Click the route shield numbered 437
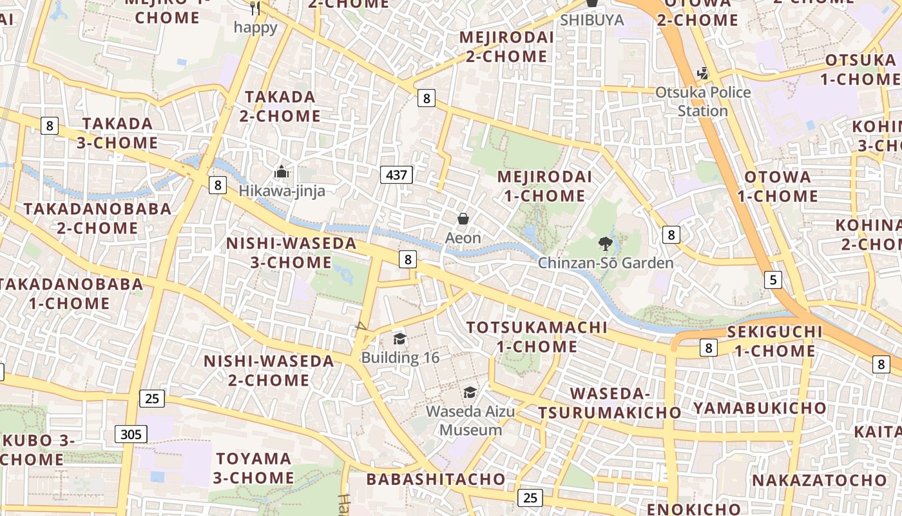tap(396, 174)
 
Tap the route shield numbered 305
tap(131, 434)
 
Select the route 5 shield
tap(773, 279)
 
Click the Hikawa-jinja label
tap(282, 191)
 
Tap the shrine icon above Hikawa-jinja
tap(282, 172)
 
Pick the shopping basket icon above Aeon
tap(463, 219)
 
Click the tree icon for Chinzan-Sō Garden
tap(605, 243)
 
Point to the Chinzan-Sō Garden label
tap(606, 263)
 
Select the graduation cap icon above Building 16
tap(399, 339)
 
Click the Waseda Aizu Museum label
tap(470, 421)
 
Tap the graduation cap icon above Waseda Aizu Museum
tap(470, 392)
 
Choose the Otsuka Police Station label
tap(703, 101)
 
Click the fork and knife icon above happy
tap(256, 8)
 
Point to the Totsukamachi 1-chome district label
tap(537, 337)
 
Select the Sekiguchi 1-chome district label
tap(775, 341)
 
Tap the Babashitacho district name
tap(436, 479)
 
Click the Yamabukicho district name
tap(759, 408)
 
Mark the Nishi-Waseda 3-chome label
tap(291, 253)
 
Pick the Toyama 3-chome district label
tap(254, 468)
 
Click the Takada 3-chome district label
tap(117, 133)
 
